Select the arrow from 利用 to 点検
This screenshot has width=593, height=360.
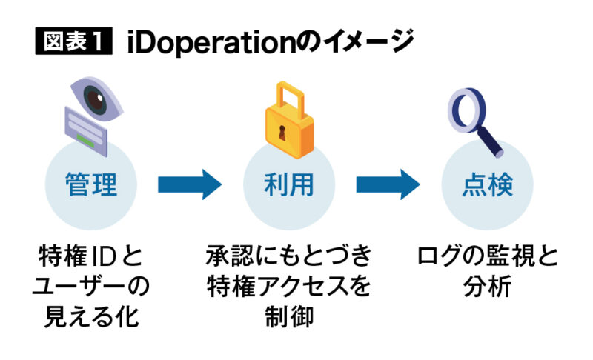click(388, 184)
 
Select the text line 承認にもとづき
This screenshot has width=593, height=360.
click(289, 259)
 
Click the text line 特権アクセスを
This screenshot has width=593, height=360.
click(289, 287)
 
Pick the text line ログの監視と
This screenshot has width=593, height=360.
click(487, 259)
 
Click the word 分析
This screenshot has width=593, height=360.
click(487, 287)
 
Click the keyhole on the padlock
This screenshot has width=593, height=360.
click(282, 135)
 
